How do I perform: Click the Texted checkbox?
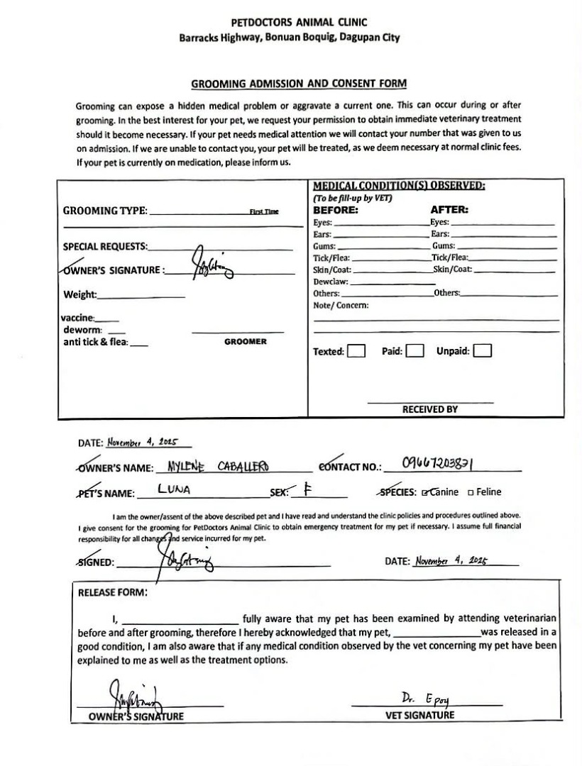tap(356, 351)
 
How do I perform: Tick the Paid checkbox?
tap(414, 351)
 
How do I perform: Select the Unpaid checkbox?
tap(483, 351)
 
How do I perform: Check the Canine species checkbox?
tap(425, 492)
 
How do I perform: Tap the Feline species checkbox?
tap(471, 492)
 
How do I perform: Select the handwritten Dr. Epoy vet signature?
tap(425, 699)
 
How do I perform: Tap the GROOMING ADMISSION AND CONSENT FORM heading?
tap(299, 84)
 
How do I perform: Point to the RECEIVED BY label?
tap(430, 409)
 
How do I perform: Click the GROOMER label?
tap(245, 342)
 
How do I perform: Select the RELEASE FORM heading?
tap(113, 592)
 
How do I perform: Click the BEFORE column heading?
tap(336, 210)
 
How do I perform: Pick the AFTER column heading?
tap(449, 210)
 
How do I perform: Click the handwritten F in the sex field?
tap(307, 489)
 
